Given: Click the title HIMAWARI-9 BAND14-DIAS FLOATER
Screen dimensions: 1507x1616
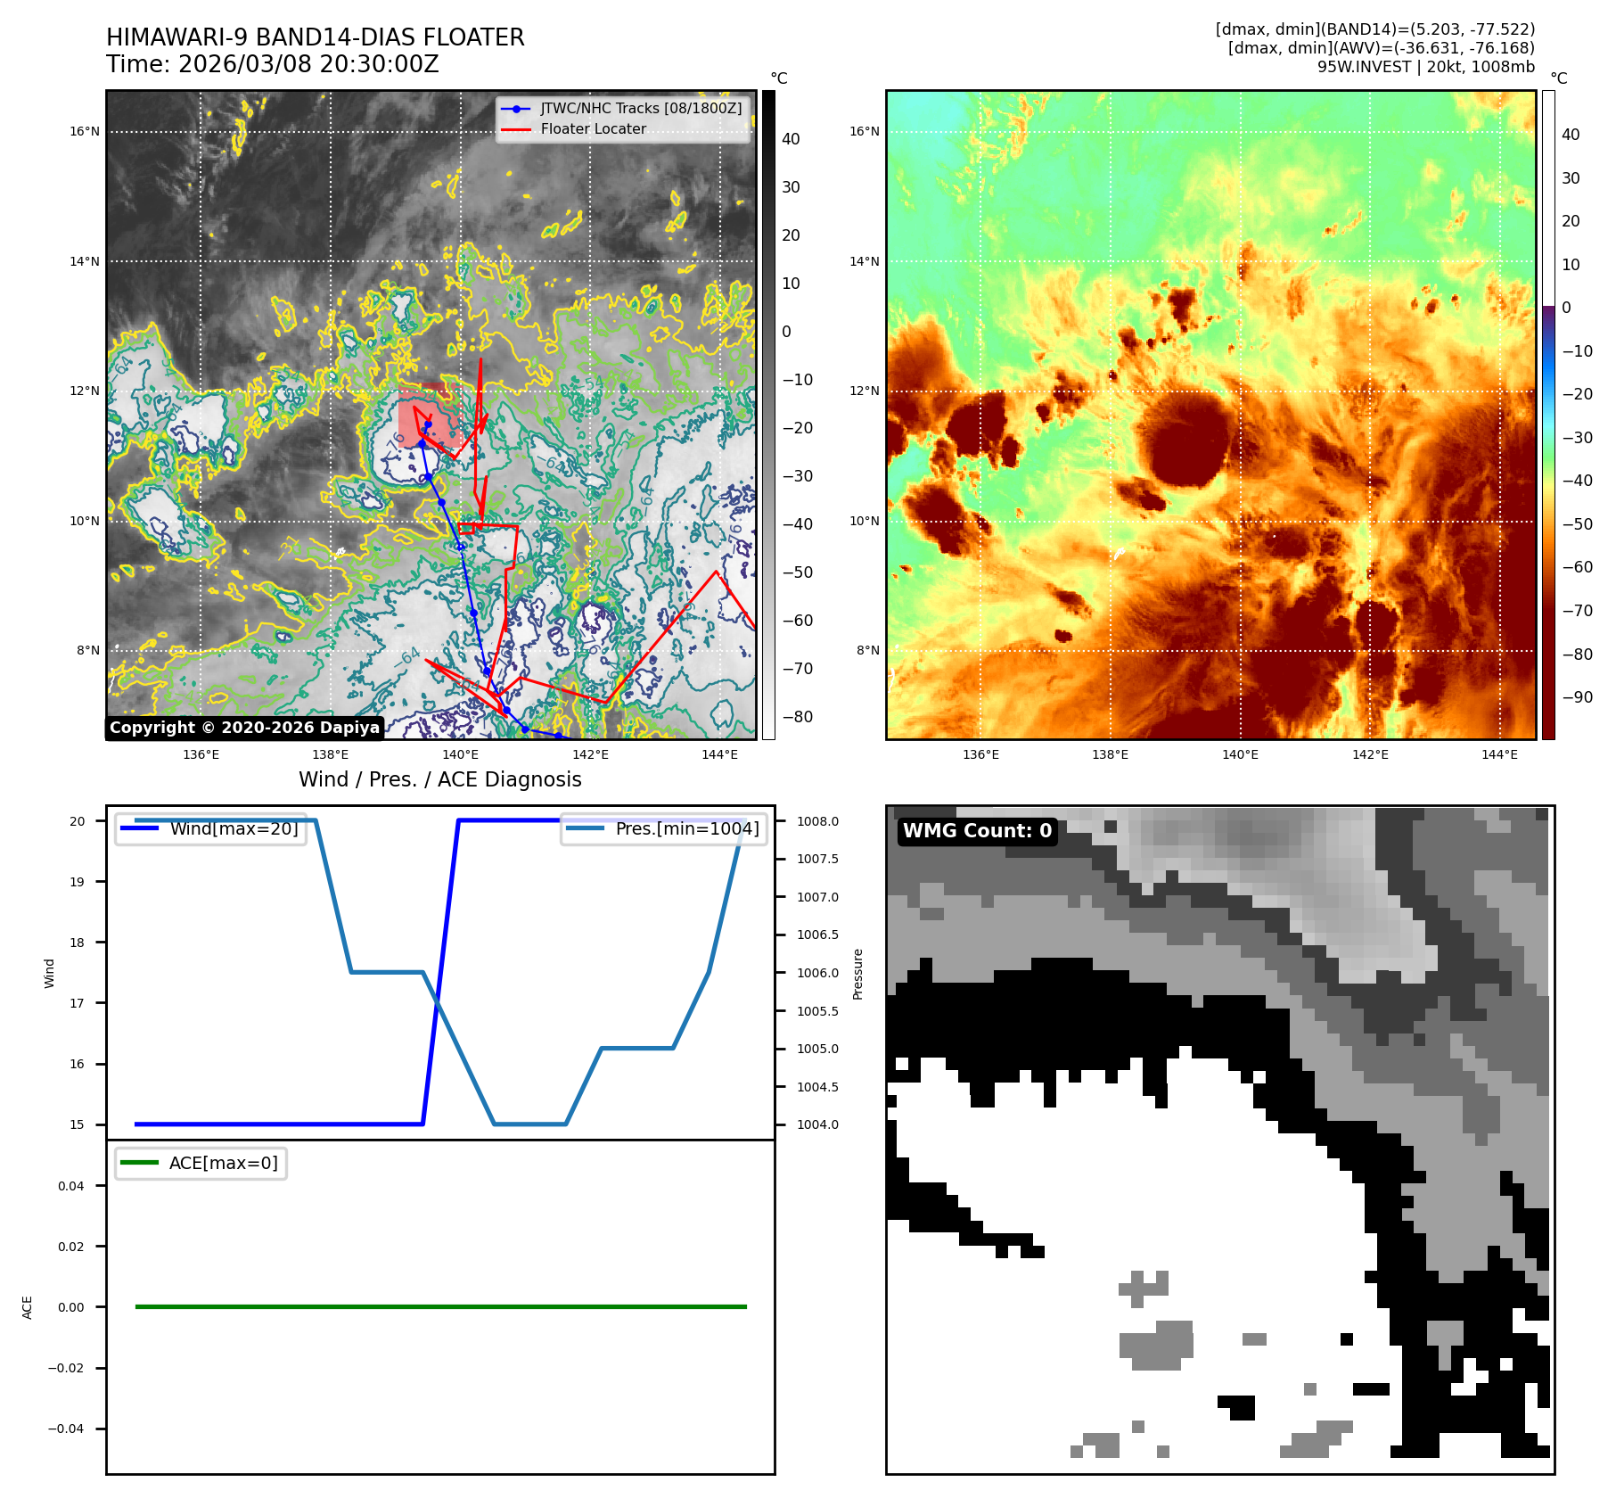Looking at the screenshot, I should tap(315, 37).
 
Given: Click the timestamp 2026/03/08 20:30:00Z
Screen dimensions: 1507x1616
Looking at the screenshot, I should tap(308, 65).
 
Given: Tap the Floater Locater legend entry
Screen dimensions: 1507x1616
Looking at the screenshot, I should tap(593, 129).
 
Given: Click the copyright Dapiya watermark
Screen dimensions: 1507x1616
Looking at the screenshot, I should tap(244, 728).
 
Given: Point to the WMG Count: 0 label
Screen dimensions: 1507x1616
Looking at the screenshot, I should tap(977, 831).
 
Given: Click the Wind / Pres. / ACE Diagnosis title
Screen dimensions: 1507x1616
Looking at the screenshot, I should tap(439, 779).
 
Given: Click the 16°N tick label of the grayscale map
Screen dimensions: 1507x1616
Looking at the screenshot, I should tap(85, 132).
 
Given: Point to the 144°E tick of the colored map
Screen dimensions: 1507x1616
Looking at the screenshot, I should tap(1499, 754).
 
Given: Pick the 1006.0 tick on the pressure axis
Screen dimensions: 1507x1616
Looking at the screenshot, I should tap(817, 973).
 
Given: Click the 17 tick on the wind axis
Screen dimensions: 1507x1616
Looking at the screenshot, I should tap(78, 1003).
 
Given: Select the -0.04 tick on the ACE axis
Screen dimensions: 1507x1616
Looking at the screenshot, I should tap(66, 1429).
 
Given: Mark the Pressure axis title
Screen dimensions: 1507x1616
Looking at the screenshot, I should tap(858, 974).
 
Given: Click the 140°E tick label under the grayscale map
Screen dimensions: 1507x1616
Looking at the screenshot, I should tap(460, 754).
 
